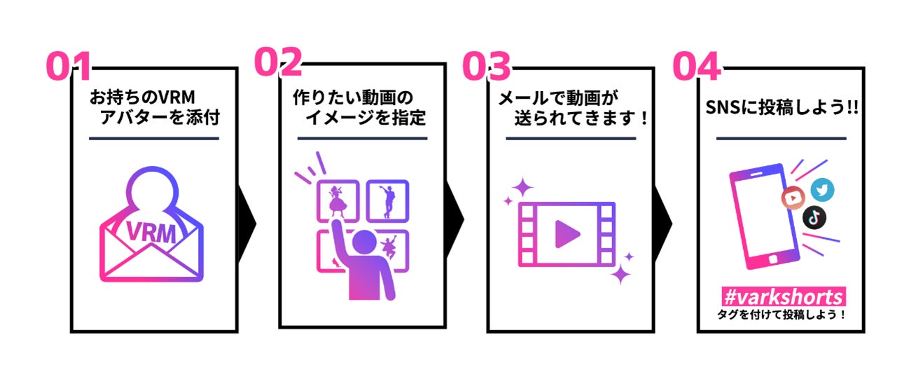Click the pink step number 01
(x=69, y=67)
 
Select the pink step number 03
(x=486, y=67)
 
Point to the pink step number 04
(x=696, y=67)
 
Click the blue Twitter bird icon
(x=822, y=190)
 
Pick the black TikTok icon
(x=814, y=217)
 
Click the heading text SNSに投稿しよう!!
(x=781, y=110)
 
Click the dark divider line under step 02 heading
(x=362, y=138)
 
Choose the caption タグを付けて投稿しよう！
(x=781, y=315)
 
